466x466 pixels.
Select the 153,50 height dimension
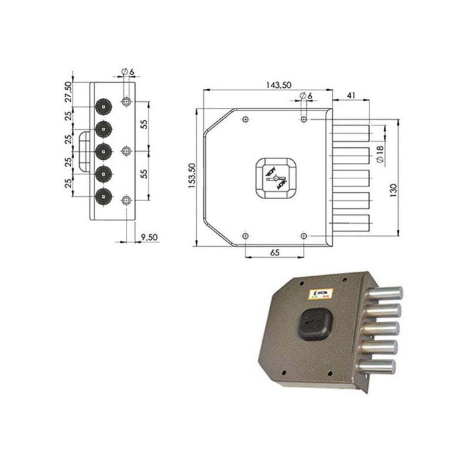191,178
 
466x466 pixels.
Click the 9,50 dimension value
150,237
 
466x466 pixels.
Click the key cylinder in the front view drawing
275,178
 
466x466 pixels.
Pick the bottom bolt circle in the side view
103,196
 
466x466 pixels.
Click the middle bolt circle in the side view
103,151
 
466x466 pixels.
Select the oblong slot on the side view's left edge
83,151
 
